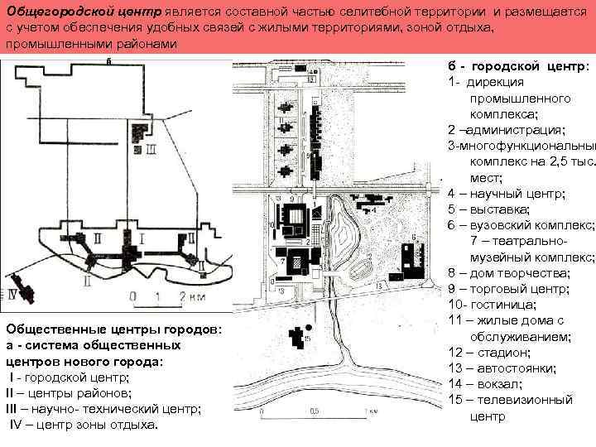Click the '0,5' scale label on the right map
coord(315,411)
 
